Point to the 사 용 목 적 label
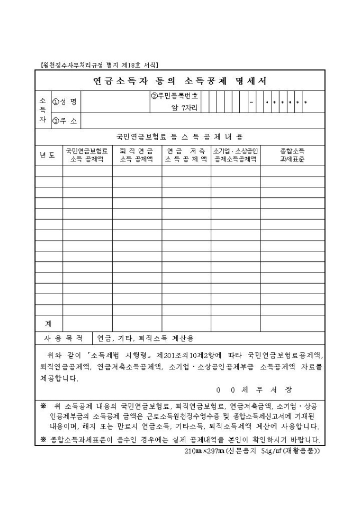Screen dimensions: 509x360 [x=63, y=338]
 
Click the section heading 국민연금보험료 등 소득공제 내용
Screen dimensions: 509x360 [x=179, y=137]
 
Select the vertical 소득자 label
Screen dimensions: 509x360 [x=42, y=111]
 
